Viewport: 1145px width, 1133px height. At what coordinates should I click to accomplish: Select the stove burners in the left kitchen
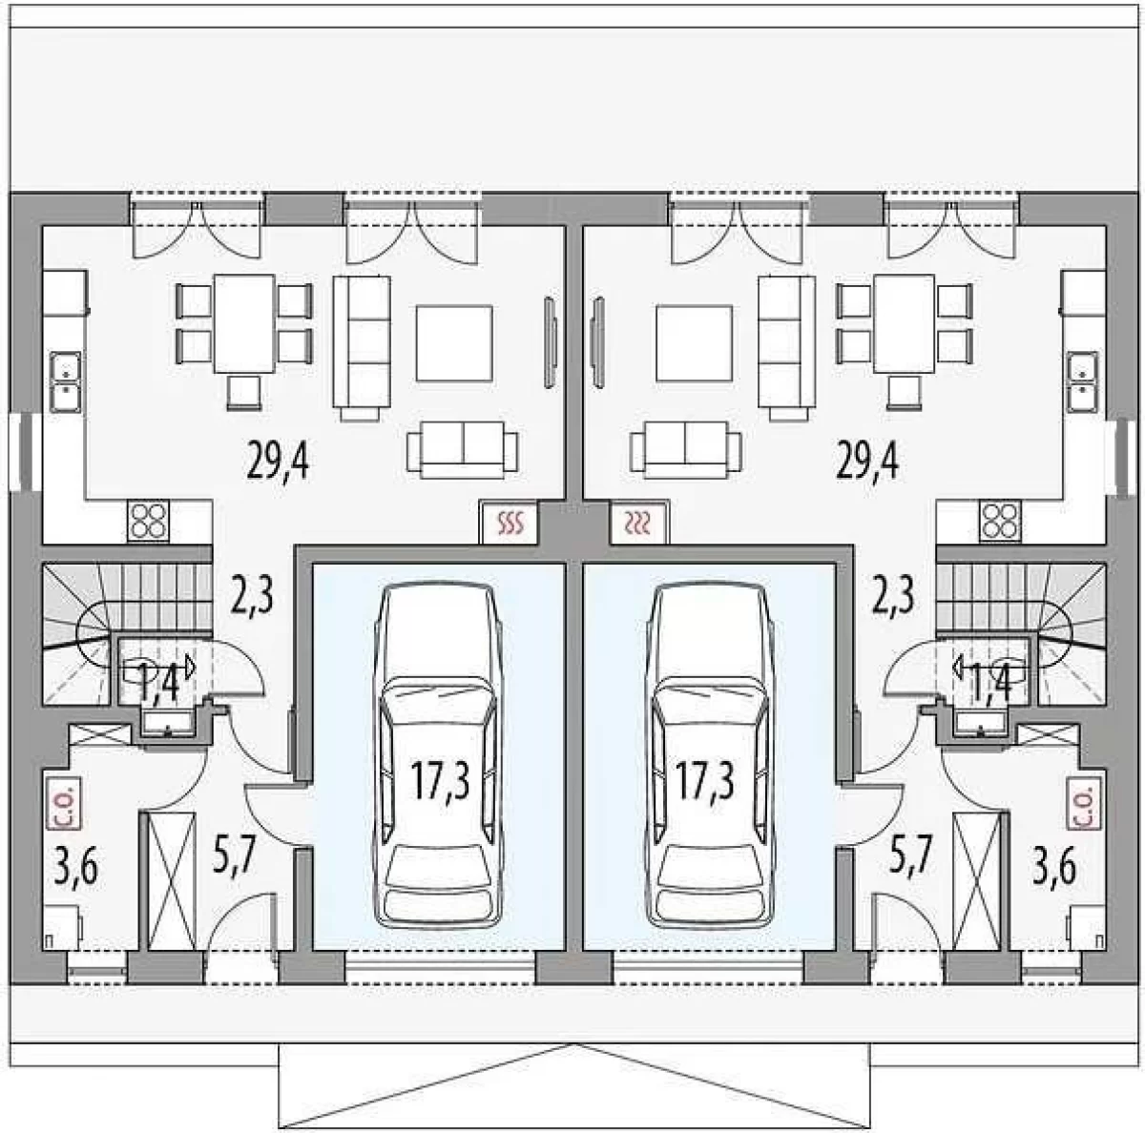click(148, 521)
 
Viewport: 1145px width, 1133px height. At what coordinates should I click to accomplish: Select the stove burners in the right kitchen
click(1000, 521)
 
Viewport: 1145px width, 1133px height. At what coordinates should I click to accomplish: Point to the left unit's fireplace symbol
click(509, 524)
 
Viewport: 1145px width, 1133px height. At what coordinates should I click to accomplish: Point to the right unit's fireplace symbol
click(640, 524)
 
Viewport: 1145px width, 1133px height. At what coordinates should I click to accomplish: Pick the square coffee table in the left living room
click(454, 343)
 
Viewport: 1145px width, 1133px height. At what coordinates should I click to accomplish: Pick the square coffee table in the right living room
click(694, 343)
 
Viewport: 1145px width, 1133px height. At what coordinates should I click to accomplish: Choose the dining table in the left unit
click(244, 323)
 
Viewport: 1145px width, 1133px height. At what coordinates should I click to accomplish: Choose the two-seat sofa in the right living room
click(686, 450)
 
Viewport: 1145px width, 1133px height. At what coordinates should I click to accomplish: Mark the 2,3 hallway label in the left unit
click(252, 596)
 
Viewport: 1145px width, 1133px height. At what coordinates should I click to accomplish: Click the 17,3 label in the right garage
click(705, 781)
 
